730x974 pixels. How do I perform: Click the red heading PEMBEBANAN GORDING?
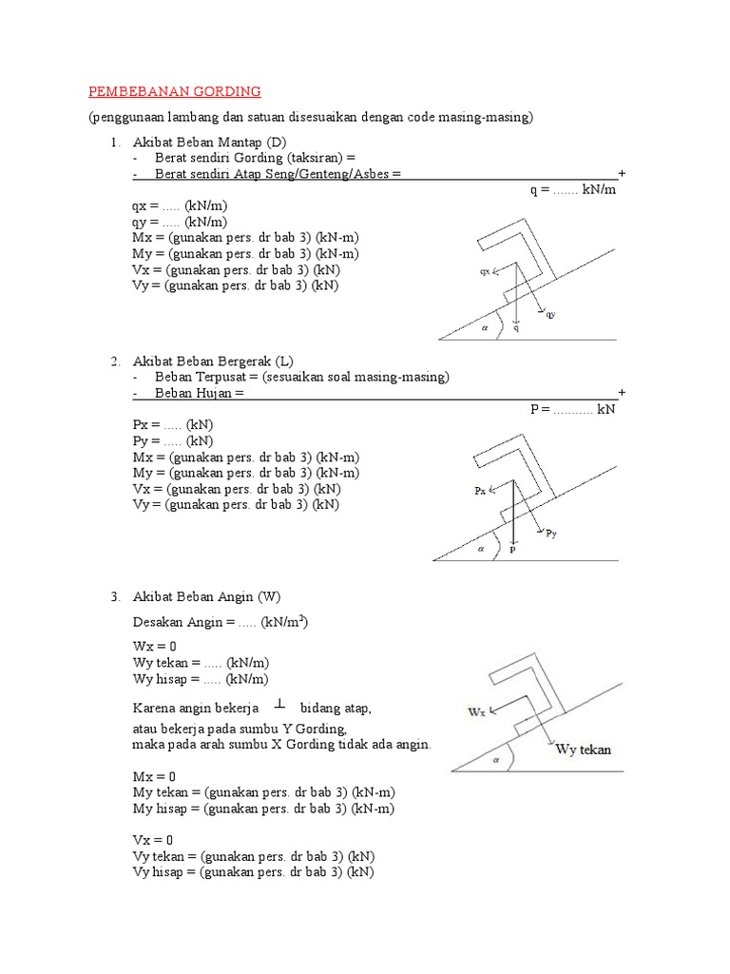pos(174,91)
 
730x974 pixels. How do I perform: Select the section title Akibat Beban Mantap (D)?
pos(209,142)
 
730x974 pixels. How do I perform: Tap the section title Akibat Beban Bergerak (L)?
pos(213,361)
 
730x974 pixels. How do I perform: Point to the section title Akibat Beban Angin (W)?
pos(207,596)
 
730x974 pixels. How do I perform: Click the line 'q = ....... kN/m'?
pos(573,189)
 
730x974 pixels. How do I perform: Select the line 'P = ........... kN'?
pos(573,409)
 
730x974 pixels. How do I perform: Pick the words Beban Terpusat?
pos(202,377)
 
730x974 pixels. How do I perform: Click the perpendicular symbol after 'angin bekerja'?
pos(279,705)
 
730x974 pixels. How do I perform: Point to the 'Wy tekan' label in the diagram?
pos(584,750)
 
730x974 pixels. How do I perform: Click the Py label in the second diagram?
pos(551,535)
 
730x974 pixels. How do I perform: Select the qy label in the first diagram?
pos(550,314)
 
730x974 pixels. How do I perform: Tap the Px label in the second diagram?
pos(481,491)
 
